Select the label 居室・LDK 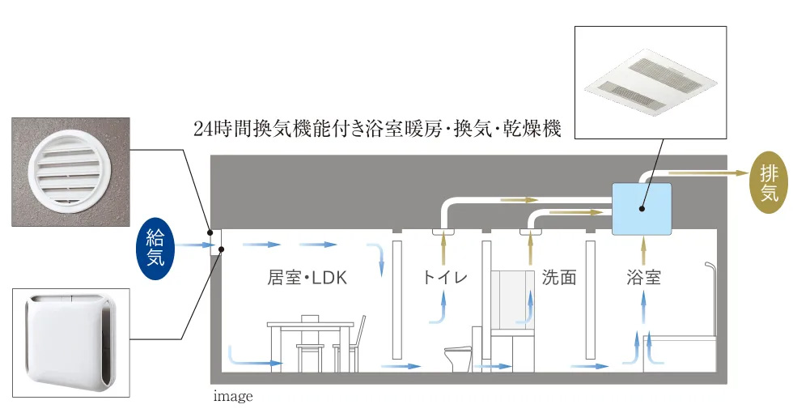(307, 279)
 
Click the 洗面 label (558, 279)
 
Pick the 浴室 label (643, 279)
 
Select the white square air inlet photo (70, 342)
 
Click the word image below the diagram (233, 397)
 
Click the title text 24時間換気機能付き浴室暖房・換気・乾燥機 (377, 129)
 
